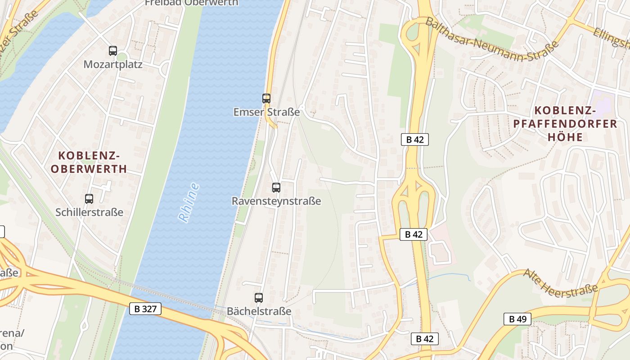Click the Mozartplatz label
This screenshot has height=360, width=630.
[113, 64]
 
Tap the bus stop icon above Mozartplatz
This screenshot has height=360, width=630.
[113, 51]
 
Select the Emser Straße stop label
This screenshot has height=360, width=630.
[266, 112]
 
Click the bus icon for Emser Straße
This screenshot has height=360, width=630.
[266, 98]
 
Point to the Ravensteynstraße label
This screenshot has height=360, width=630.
[276, 201]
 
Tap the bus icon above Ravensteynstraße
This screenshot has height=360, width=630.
[276, 188]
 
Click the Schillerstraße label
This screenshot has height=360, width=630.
[89, 212]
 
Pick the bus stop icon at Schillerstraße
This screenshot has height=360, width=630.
[89, 198]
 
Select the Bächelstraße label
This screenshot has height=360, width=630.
[259, 311]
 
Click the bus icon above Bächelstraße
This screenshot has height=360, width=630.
[259, 297]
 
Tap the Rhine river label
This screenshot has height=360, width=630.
[189, 202]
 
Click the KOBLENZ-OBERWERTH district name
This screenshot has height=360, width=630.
[89, 162]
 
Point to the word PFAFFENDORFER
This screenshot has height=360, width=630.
[565, 123]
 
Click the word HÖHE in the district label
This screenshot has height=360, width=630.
[565, 137]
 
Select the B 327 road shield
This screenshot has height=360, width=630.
[145, 309]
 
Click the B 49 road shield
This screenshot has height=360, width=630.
[517, 319]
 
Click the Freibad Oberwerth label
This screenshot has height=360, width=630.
[191, 3]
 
